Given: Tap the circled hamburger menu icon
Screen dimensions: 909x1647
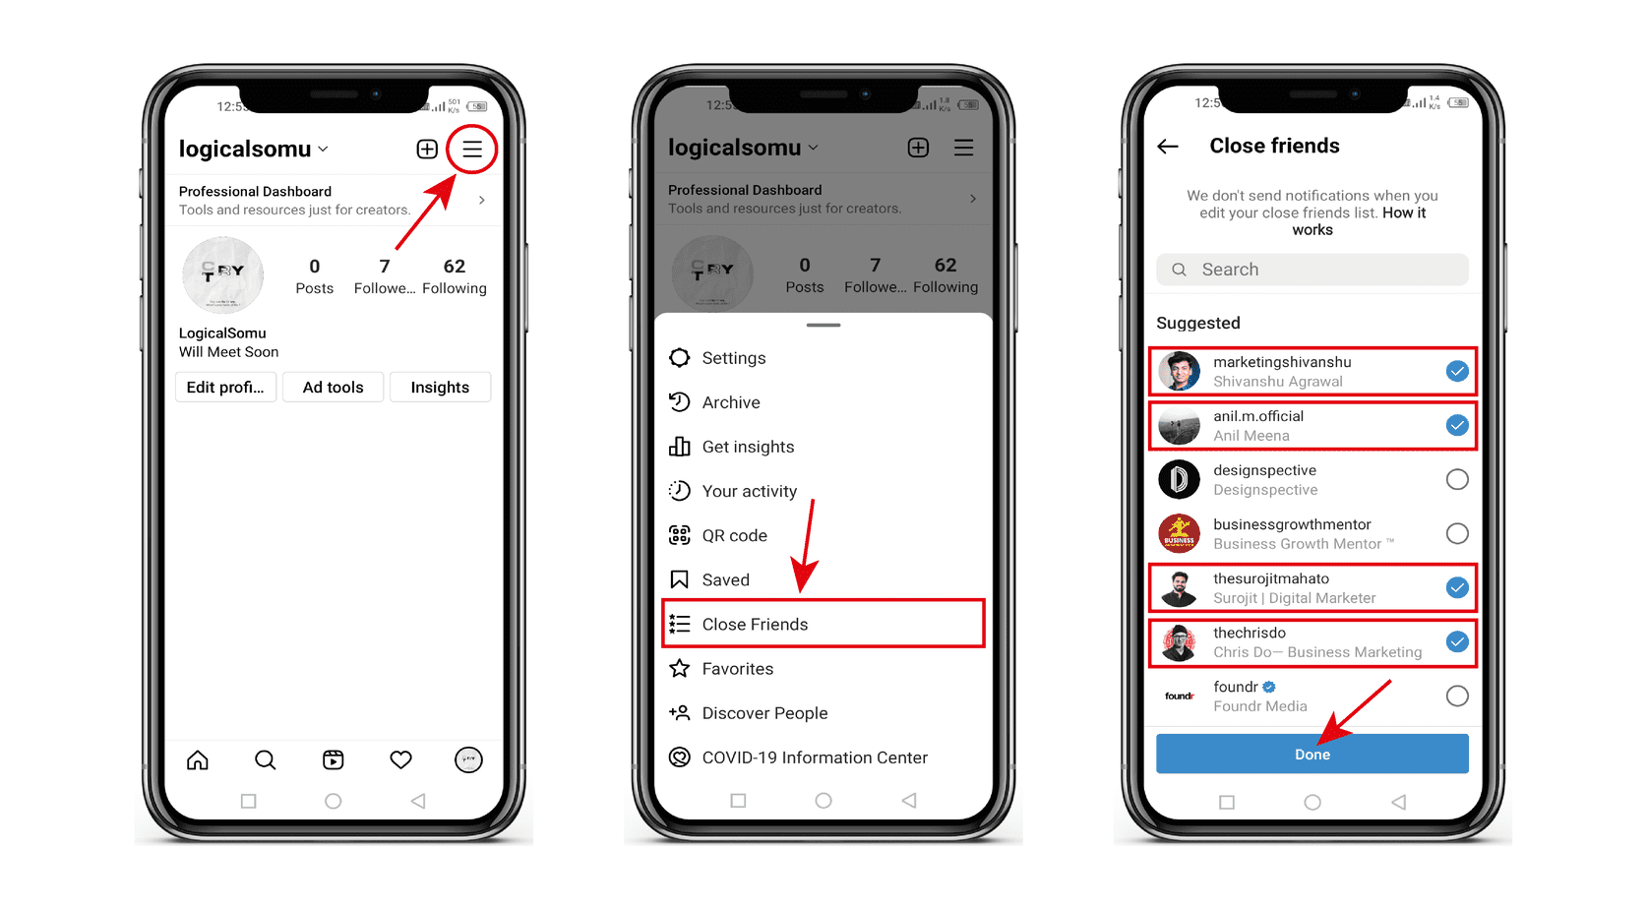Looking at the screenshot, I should point(472,150).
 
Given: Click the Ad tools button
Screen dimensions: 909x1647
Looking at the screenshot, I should point(334,388).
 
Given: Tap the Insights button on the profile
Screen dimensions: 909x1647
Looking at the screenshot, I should point(440,388).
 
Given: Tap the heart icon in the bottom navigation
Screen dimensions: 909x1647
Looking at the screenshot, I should point(400,759).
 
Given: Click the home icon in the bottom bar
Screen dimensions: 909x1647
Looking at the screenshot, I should point(198,759).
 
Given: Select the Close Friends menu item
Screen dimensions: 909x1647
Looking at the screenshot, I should point(823,624).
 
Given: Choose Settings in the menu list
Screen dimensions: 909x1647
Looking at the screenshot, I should point(733,358).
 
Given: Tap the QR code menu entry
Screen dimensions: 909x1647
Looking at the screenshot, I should point(734,535).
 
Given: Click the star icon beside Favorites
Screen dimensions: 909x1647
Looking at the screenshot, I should point(679,669).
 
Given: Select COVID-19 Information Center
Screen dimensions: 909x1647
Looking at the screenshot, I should point(814,757).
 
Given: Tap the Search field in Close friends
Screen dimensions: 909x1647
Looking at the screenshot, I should point(1311,270).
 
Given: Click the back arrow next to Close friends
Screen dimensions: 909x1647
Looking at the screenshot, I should point(1168,147).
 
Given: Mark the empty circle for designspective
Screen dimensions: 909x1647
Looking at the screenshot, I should point(1457,479).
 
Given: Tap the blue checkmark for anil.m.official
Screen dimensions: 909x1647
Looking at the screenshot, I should point(1457,425).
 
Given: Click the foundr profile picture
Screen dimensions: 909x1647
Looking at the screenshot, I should point(1179,696).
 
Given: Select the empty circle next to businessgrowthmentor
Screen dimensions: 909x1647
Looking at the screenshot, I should point(1457,533).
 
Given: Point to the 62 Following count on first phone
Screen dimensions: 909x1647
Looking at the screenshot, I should point(454,275).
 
